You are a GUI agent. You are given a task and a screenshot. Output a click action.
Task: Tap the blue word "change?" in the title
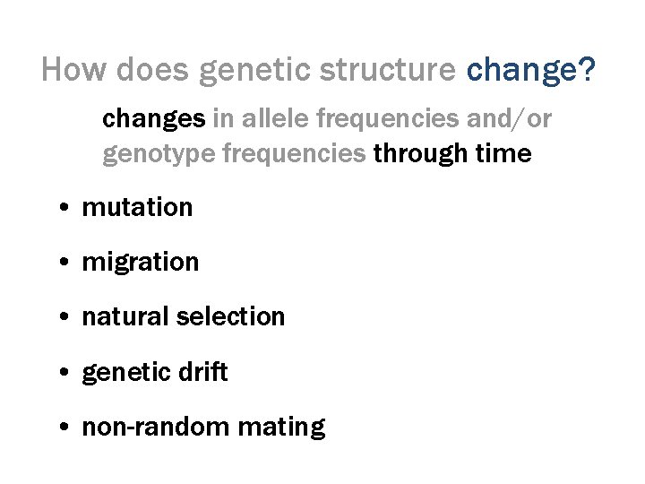tap(531, 70)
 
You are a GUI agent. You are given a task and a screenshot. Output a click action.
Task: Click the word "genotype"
tap(158, 154)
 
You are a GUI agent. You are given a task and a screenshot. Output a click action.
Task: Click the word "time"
tap(503, 154)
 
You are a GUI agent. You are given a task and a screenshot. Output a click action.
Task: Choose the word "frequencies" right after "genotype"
tap(293, 154)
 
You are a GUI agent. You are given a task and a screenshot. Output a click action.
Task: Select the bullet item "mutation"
tap(137, 207)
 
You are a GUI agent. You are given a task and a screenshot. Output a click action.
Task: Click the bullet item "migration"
tap(140, 262)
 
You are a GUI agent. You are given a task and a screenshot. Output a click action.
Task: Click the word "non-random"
tap(142, 427)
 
